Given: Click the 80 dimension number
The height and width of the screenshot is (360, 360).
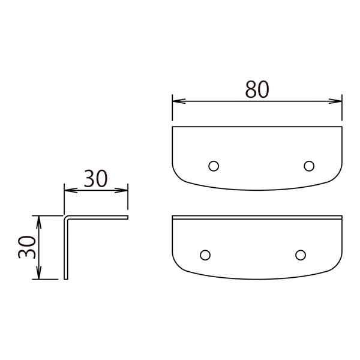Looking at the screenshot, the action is tap(257, 89).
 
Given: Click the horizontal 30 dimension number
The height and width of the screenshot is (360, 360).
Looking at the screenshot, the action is tap(95, 178).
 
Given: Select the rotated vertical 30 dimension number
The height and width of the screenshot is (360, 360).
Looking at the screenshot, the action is tap(27, 247).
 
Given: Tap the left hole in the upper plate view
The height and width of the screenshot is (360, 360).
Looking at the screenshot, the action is tap(214, 166).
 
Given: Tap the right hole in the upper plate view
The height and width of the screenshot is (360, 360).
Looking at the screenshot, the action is tap(309, 166).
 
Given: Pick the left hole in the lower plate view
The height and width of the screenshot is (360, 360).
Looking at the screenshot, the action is tap(205, 255).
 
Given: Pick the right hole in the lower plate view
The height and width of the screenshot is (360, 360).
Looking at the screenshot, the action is tap(301, 255).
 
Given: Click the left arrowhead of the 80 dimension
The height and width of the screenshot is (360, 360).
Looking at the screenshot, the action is tap(179, 101).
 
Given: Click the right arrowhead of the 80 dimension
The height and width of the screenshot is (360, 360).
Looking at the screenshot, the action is tap(335, 101).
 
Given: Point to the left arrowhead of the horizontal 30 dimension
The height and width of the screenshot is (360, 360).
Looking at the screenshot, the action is tap(71, 190).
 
